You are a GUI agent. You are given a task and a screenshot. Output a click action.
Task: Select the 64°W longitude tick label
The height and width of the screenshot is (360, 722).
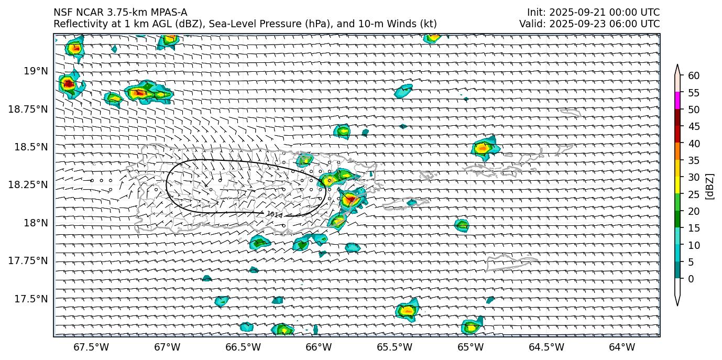point(622,347)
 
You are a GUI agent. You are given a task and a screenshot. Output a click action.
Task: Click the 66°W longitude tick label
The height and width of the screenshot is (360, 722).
point(319,347)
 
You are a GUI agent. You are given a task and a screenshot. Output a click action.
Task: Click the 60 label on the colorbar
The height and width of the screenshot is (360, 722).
point(694,76)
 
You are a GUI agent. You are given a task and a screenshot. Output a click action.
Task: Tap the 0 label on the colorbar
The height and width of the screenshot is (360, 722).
point(691,279)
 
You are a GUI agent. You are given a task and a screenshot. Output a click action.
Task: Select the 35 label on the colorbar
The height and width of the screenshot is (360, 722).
point(694,160)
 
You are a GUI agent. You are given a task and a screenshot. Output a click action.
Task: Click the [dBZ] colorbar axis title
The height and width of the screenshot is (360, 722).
point(710,186)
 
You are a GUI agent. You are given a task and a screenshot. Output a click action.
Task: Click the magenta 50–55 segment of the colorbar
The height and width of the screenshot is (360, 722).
point(677,101)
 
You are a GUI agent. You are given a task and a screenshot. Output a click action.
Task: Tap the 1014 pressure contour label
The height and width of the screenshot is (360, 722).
point(274,214)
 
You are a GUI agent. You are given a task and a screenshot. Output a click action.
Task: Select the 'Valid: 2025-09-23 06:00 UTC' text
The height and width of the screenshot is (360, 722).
point(589,24)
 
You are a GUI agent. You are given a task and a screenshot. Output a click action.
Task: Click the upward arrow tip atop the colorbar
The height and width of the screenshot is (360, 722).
point(677,66)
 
